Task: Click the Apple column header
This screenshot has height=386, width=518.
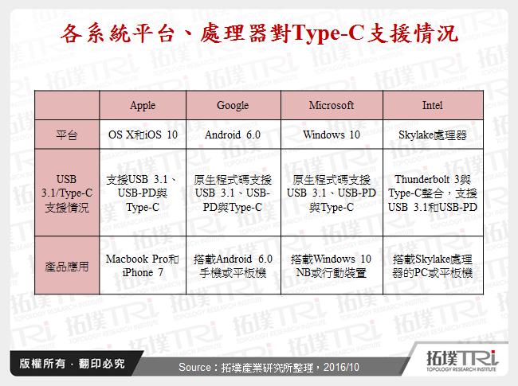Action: [143, 105]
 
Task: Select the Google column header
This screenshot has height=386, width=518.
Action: [233, 105]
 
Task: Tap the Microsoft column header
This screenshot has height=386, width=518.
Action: [331, 105]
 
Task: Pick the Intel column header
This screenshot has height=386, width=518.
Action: [432, 105]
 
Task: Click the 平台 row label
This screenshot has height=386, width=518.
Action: [67, 135]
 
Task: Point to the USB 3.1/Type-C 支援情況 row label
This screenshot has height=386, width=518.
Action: [67, 193]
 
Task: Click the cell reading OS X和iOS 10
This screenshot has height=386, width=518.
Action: [143, 135]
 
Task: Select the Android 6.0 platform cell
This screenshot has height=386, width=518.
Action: [233, 135]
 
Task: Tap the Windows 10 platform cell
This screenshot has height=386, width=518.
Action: [331, 135]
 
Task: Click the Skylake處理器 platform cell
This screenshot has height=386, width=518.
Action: [432, 135]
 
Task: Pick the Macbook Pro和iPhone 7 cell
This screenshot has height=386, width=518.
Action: [143, 266]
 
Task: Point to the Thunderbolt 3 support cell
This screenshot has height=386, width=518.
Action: [432, 193]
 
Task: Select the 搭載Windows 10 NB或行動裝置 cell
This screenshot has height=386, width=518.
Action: [331, 266]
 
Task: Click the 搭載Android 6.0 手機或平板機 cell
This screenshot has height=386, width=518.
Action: [233, 266]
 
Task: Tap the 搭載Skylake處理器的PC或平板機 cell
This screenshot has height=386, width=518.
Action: [432, 266]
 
